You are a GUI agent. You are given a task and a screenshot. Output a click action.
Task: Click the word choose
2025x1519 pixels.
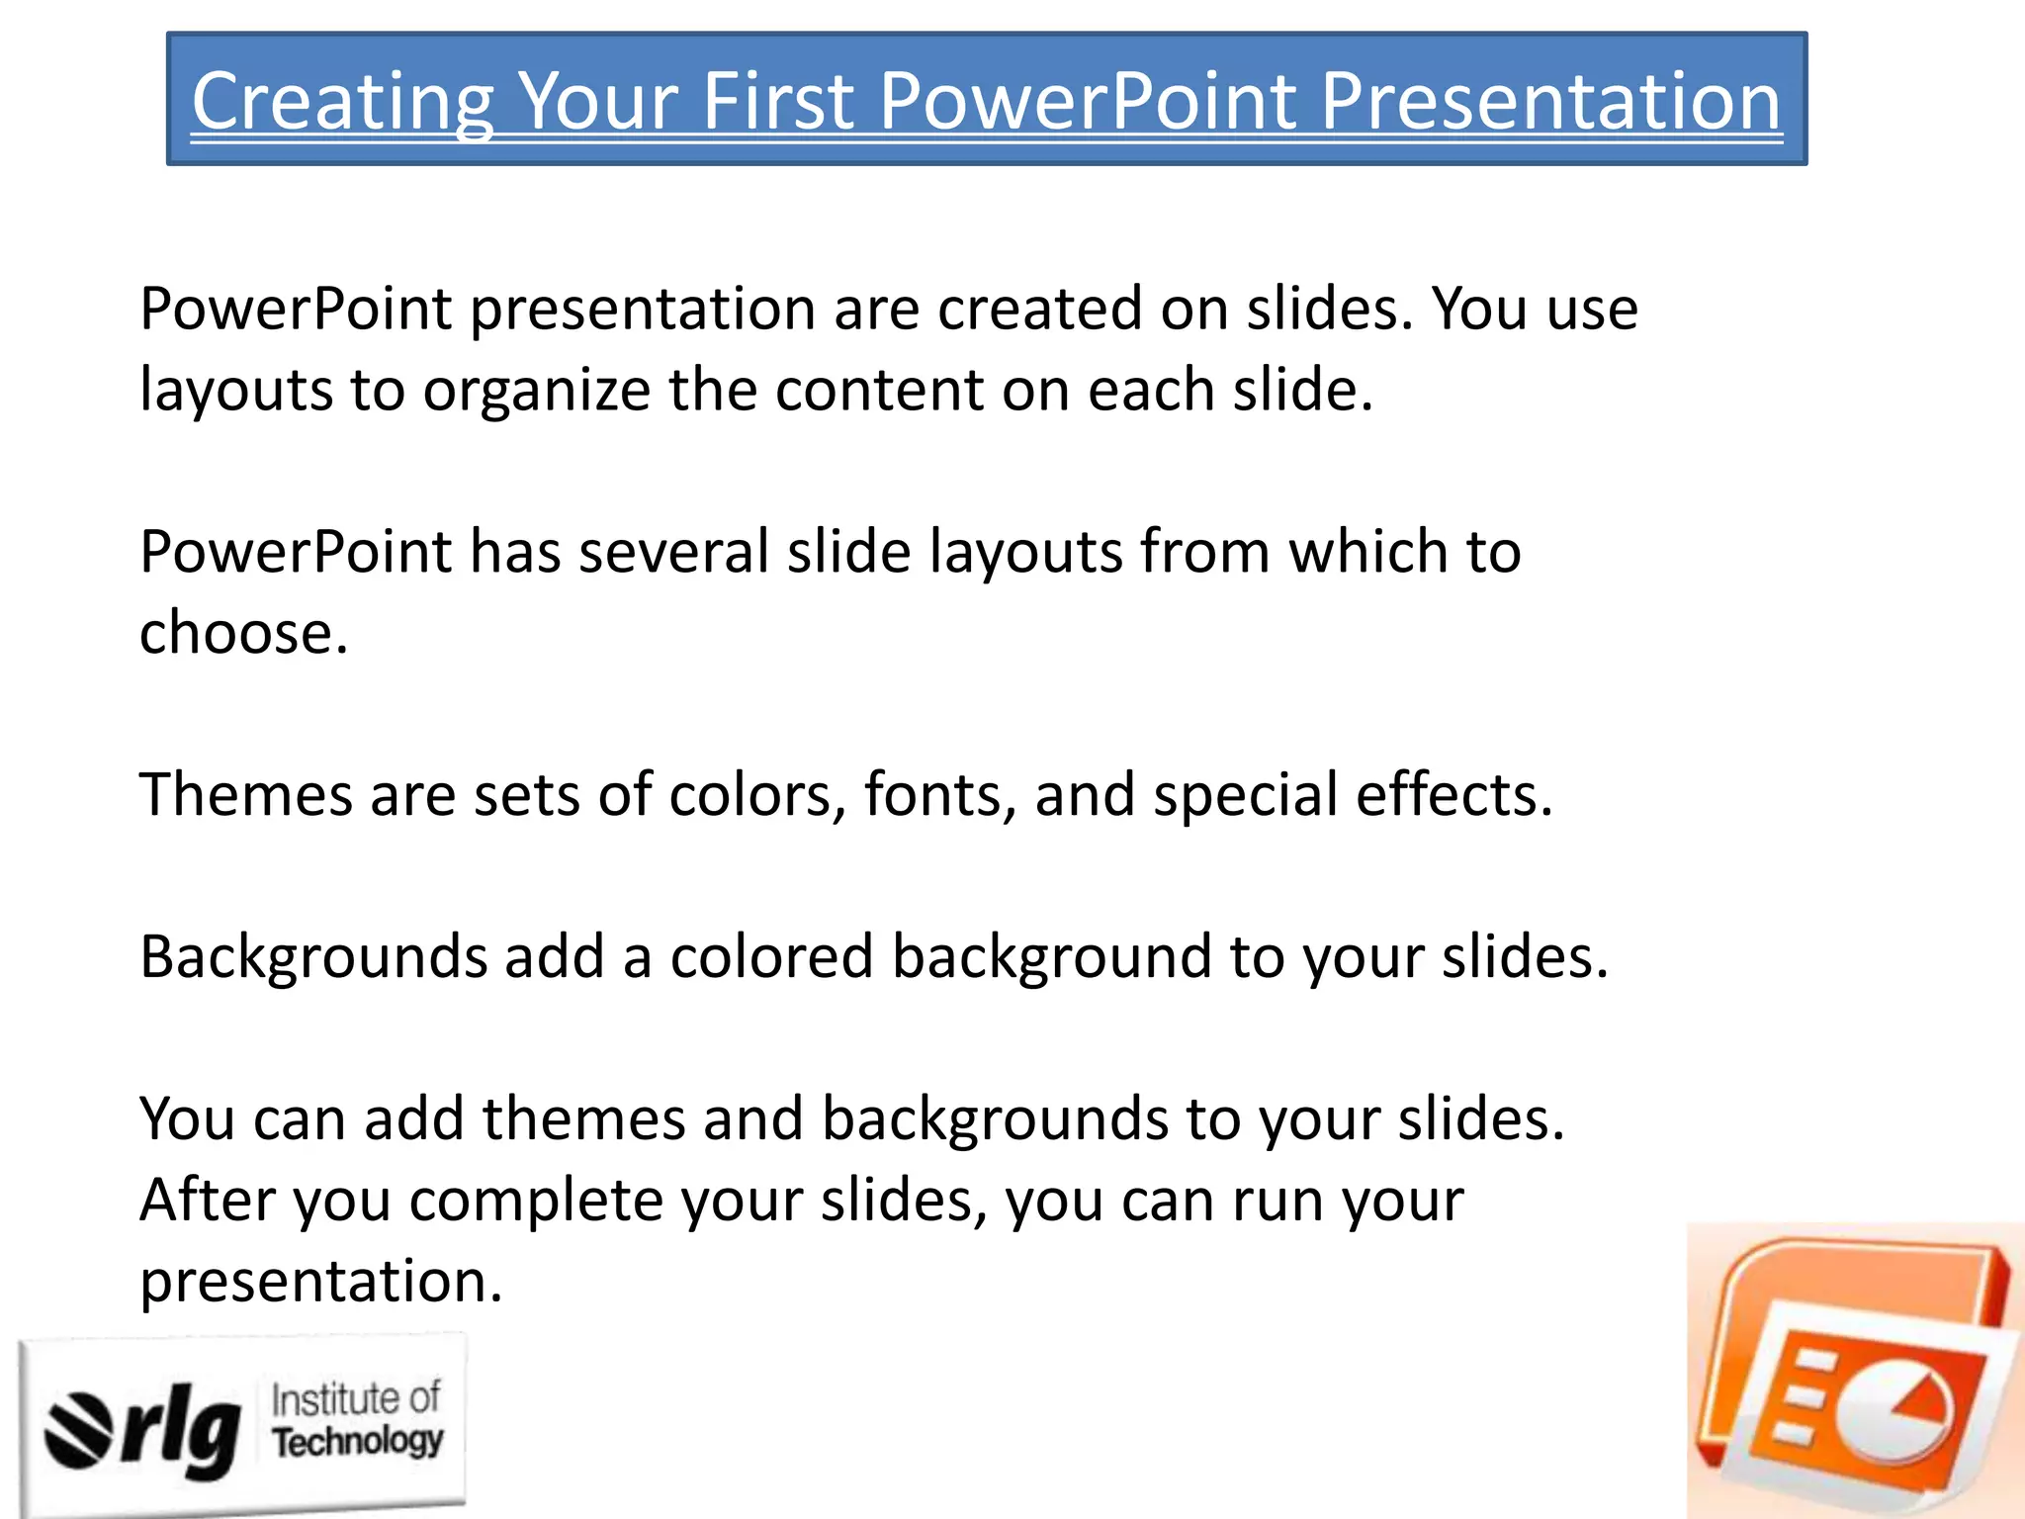(243, 633)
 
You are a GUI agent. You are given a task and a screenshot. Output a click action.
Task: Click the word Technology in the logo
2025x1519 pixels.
(358, 1442)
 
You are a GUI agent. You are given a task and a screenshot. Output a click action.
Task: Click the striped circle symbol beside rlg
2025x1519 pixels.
(79, 1430)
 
